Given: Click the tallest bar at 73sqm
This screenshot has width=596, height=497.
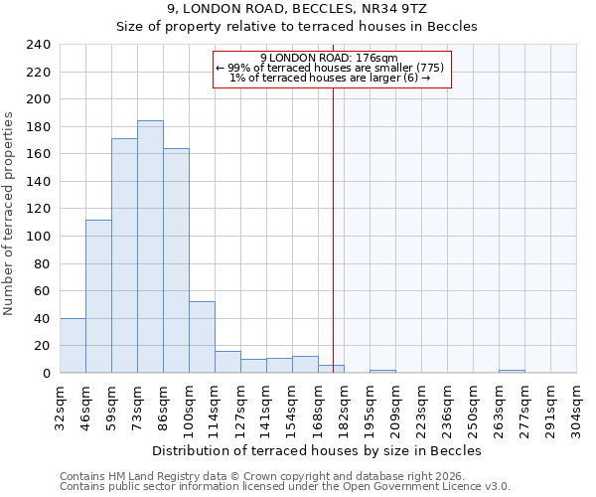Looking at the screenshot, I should pos(150,247).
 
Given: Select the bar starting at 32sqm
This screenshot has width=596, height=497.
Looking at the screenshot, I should pos(73,345).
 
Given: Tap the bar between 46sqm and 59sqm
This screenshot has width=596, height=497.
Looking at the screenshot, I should pos(98,296).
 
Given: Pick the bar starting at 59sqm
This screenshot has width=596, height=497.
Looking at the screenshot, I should pos(124,255).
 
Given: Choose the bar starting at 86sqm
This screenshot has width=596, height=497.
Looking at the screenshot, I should pos(176,260).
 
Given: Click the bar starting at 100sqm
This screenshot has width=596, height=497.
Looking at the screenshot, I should pos(202,337).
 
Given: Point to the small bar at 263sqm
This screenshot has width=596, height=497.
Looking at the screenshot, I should pos(512,371).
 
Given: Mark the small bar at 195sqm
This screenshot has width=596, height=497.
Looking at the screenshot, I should pos(382,371).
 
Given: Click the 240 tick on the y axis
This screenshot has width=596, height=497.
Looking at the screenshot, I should pos(39,45).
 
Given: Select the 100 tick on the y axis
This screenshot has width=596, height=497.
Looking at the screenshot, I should pos(39,237).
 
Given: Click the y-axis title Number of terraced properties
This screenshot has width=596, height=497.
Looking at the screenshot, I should pos(9,213).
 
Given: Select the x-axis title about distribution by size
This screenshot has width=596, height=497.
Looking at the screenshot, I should pos(317,450).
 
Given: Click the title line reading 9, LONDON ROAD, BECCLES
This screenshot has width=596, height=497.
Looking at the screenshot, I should pos(317,9).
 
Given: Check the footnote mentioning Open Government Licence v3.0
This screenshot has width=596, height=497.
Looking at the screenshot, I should pos(285,487).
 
